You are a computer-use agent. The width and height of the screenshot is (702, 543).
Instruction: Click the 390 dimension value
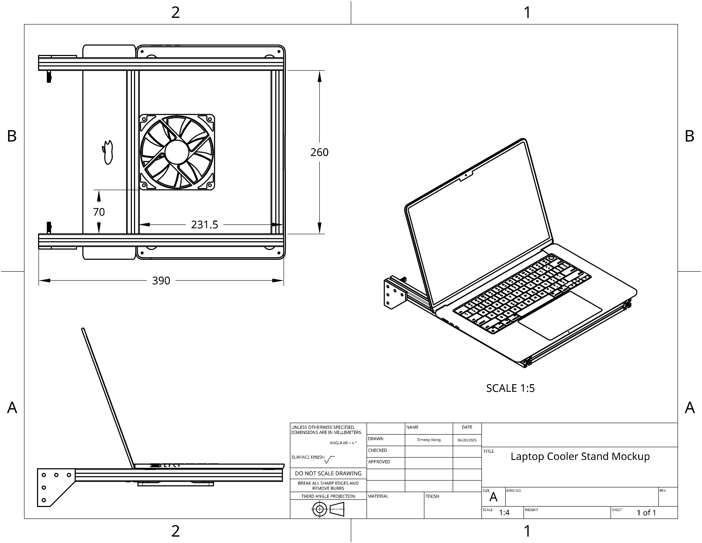click(x=161, y=280)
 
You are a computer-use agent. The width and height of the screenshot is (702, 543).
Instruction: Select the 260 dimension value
click(x=320, y=152)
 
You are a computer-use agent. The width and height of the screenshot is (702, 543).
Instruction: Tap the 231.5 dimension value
click(x=204, y=224)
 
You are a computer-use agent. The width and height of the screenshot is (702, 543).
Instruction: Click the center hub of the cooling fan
click(x=177, y=152)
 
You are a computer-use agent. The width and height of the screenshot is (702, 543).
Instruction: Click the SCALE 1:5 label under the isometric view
click(x=510, y=388)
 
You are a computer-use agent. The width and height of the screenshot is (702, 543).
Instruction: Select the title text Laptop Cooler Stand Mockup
click(x=580, y=457)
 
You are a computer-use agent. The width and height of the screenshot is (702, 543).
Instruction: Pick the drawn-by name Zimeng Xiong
click(x=429, y=440)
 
